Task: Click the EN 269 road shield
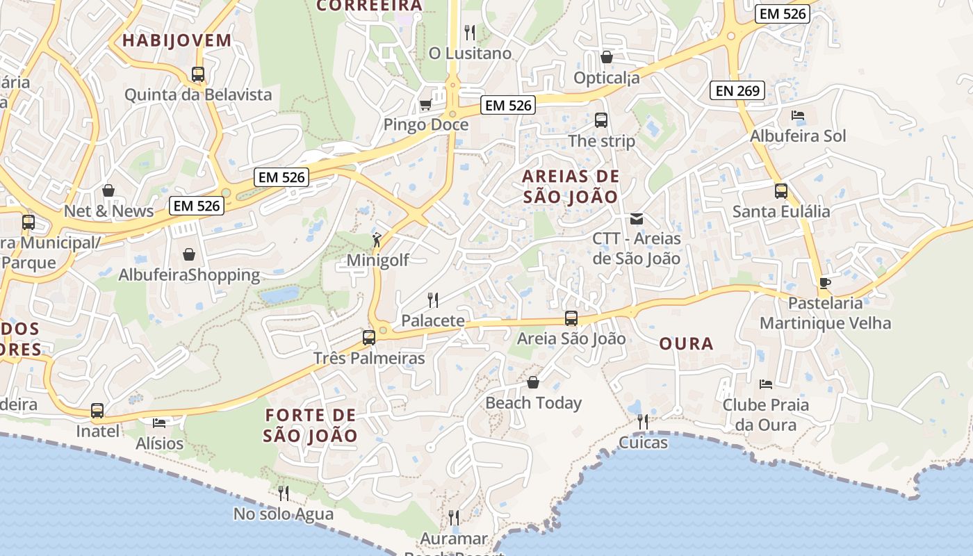[737, 90]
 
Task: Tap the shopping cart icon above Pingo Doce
[425, 104]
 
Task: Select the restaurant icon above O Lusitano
[470, 32]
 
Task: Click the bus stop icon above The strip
[601, 120]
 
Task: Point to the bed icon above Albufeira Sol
[798, 115]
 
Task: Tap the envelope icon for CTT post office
[636, 219]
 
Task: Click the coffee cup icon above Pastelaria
[825, 283]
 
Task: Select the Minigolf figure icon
[377, 240]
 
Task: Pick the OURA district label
[686, 343]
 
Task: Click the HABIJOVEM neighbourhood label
[177, 40]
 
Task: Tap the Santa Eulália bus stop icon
[781, 191]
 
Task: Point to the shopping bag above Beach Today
[533, 382]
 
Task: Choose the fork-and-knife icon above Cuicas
[643, 421]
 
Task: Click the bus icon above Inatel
[97, 411]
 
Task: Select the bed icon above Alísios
[159, 423]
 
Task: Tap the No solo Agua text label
[284, 514]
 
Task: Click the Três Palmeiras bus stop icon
[369, 338]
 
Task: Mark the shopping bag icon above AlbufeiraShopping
[188, 254]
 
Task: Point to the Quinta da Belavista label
[198, 95]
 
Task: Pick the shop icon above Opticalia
[607, 57]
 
